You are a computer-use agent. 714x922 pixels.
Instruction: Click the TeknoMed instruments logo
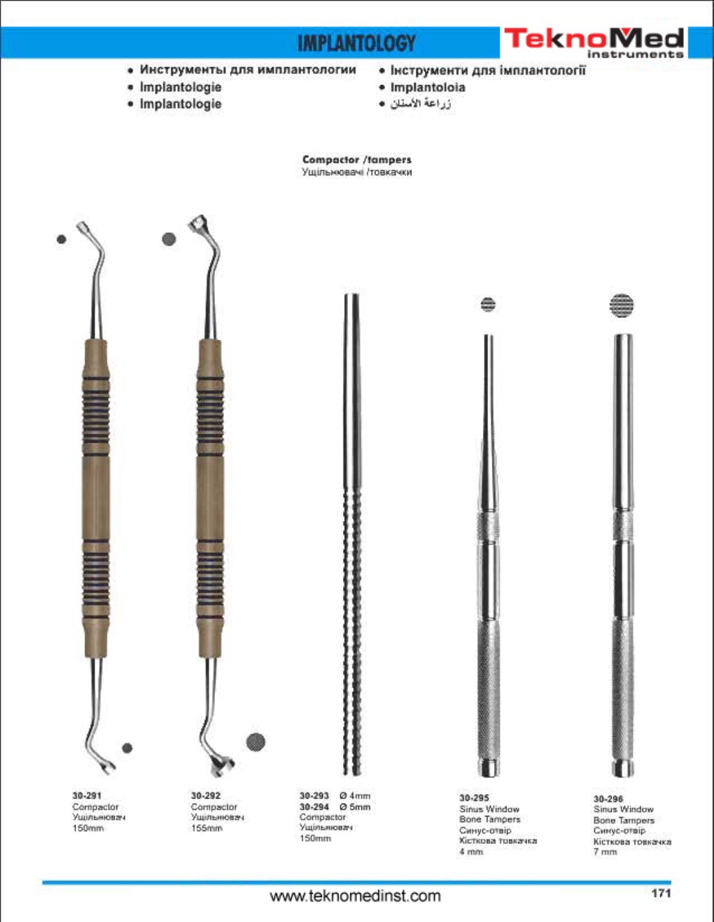tap(594, 42)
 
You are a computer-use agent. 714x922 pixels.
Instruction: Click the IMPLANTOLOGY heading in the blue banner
tap(356, 44)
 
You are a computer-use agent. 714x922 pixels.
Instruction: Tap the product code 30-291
tap(87, 795)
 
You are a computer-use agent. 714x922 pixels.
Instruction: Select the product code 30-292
tap(205, 795)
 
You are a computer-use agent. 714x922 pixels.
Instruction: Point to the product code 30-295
tap(474, 798)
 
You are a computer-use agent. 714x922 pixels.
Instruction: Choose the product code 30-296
tap(608, 799)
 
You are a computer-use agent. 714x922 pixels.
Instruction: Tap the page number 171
tap(661, 893)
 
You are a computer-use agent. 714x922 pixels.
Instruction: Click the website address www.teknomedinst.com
tap(355, 896)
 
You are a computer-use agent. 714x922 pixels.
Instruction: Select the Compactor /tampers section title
tap(356, 159)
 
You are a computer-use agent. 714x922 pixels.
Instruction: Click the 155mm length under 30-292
tap(206, 828)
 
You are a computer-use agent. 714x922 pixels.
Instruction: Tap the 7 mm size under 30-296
tap(605, 852)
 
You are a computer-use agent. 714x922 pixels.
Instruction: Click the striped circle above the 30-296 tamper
tap(621, 305)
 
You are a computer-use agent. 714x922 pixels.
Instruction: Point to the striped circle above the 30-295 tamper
tap(488, 304)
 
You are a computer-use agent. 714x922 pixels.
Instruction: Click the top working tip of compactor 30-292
tap(198, 223)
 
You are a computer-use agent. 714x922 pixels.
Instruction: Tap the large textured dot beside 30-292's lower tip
tap(255, 742)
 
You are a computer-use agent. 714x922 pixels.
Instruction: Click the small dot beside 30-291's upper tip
tap(61, 239)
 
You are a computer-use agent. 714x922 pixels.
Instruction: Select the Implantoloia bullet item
tap(427, 87)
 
